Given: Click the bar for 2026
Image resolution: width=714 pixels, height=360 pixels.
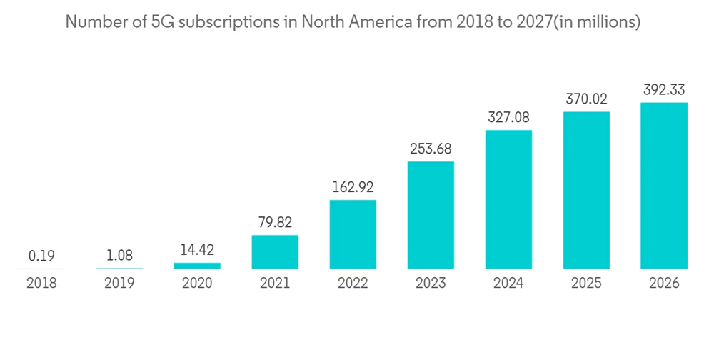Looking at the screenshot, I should [x=664, y=186].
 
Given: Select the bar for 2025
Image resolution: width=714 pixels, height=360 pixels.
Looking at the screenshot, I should [x=586, y=190].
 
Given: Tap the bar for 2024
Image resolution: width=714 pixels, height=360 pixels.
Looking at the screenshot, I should [x=508, y=199].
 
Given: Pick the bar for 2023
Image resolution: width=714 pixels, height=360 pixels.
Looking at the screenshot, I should [x=431, y=215].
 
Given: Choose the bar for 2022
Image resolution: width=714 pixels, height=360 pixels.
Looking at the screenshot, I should [x=353, y=234].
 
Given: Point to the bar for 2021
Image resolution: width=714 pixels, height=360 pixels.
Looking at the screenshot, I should [x=275, y=252].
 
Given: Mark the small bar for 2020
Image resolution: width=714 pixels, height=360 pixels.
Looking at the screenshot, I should [x=197, y=266].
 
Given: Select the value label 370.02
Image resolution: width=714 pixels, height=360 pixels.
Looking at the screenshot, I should [x=586, y=100].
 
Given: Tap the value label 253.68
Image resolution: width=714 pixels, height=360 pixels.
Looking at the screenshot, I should [x=431, y=149].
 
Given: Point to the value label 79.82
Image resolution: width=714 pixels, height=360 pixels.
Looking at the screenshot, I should [x=275, y=223].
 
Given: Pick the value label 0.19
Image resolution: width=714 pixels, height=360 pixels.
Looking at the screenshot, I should [x=41, y=256].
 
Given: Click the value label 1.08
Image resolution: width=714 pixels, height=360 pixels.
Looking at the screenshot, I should [x=119, y=256].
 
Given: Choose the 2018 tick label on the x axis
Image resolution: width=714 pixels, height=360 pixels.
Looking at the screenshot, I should [x=41, y=283].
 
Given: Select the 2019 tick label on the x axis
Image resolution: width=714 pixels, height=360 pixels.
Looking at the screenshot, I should [x=119, y=283].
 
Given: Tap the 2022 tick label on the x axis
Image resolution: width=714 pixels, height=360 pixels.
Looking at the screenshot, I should [x=353, y=283].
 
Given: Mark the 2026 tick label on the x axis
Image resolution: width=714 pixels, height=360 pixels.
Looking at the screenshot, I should [x=664, y=283].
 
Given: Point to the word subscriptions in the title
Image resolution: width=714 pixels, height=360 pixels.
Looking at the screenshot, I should [x=224, y=22].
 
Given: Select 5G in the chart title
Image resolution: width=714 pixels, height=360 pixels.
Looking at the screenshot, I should [x=161, y=22].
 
